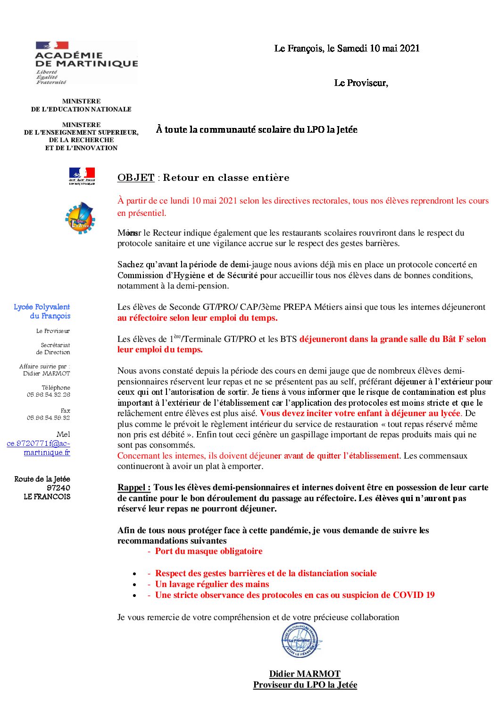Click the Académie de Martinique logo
86,62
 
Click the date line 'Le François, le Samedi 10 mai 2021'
347,48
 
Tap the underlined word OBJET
136,178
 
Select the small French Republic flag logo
82,176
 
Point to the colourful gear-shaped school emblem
80,218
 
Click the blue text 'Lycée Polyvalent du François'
42,311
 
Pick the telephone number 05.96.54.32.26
49,394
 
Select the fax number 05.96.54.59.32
49,417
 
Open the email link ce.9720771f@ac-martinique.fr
39,448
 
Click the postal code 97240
58,488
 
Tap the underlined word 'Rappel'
134,487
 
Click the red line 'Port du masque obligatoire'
208,551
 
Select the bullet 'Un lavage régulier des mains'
212,584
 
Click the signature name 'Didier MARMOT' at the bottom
305,674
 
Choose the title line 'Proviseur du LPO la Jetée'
305,685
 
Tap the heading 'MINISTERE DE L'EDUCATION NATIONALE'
81,105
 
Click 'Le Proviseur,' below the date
361,83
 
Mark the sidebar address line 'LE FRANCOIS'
47,497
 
